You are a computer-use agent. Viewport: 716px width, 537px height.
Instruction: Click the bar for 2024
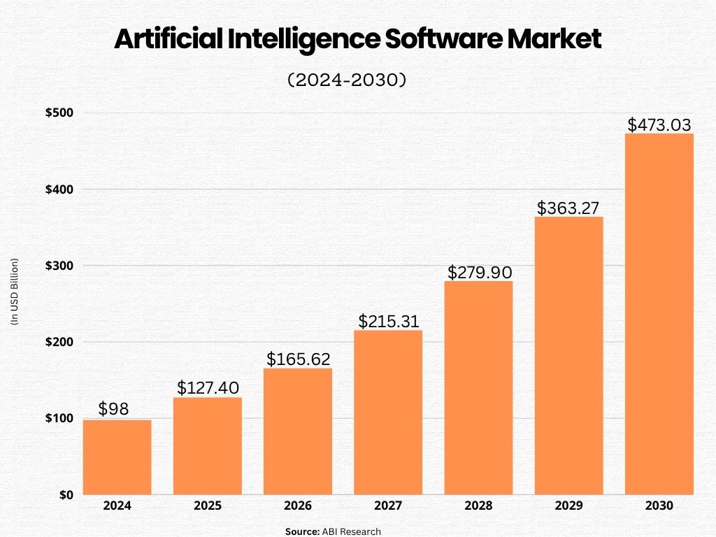pos(117,457)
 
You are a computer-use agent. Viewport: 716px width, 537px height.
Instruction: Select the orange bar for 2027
pos(388,413)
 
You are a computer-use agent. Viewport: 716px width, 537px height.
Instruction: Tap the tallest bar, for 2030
pos(659,314)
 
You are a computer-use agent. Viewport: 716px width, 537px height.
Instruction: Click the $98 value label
pos(113,409)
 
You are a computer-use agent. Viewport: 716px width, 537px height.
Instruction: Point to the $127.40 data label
pos(208,387)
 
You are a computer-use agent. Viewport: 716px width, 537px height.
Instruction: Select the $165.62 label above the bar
pos(299,359)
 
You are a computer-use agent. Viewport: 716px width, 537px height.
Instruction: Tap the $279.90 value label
pos(480,271)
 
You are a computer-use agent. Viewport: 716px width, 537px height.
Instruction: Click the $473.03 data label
pos(659,124)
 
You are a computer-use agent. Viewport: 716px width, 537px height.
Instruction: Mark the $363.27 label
pos(569,208)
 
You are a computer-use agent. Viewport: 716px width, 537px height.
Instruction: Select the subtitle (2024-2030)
pos(347,80)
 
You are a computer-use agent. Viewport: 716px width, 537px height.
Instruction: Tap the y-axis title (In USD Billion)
pos(15,292)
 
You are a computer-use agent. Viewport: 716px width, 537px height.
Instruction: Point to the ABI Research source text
pos(351,531)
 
